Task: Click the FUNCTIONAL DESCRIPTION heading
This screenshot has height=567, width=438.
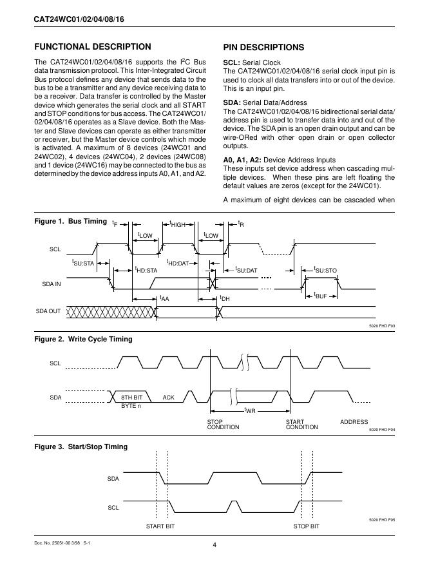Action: [x=92, y=47]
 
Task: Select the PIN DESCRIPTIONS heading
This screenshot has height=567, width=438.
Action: [x=263, y=47]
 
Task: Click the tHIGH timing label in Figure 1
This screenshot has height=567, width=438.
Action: [x=177, y=224]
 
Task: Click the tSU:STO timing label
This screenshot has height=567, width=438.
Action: [x=325, y=270]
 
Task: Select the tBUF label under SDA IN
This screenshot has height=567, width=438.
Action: [x=321, y=296]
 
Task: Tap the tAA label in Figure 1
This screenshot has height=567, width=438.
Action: [x=164, y=299]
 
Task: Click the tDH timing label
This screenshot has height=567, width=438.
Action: [x=225, y=299]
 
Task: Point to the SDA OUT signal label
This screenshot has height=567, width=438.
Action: [x=48, y=311]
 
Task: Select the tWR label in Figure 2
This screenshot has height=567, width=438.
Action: [x=249, y=410]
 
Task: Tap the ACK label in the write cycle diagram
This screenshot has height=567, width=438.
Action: [x=169, y=398]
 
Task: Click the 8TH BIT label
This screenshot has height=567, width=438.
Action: [x=131, y=398]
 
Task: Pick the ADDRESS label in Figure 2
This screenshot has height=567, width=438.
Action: [x=354, y=422]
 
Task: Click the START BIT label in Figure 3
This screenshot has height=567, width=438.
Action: [x=160, y=526]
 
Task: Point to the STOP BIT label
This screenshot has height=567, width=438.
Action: [x=306, y=526]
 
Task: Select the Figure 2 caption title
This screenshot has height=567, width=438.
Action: [x=83, y=339]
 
